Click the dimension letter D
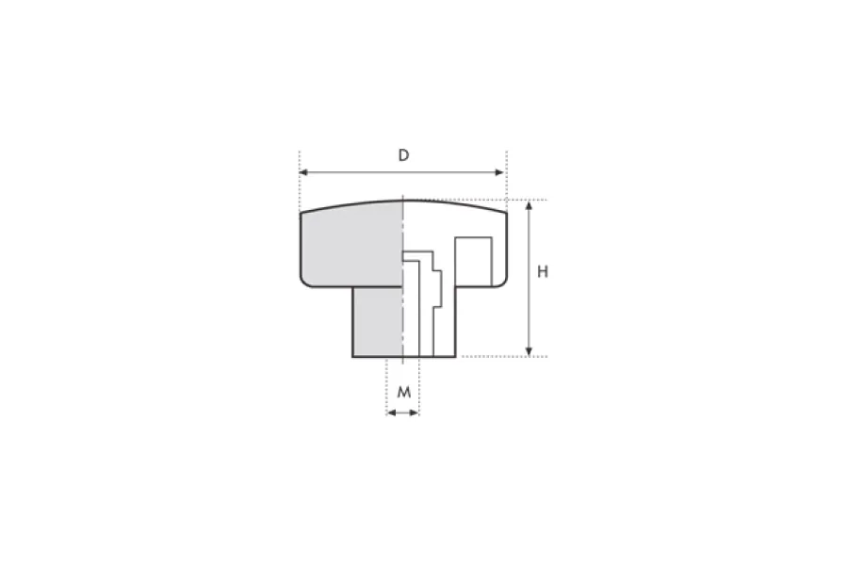(x=403, y=155)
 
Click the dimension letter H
(x=543, y=271)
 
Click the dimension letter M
(x=404, y=392)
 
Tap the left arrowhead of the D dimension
(x=303, y=172)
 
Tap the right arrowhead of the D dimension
(x=499, y=172)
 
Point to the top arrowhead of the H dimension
(x=529, y=205)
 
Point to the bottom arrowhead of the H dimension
(x=529, y=351)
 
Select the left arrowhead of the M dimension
(x=391, y=413)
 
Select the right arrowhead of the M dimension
(x=415, y=413)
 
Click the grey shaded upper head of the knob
(x=351, y=245)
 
